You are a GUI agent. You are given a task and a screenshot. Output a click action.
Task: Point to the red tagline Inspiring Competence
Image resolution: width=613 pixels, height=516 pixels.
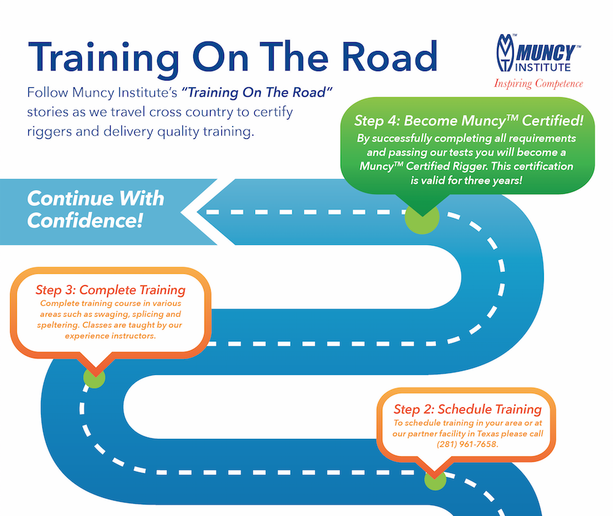click(539, 84)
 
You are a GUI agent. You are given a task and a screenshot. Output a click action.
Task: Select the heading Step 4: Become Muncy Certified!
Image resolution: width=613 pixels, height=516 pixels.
click(468, 122)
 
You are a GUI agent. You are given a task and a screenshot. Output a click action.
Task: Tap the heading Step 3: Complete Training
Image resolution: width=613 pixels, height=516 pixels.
click(110, 291)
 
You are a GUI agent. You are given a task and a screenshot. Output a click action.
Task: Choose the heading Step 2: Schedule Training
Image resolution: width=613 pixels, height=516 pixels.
click(467, 409)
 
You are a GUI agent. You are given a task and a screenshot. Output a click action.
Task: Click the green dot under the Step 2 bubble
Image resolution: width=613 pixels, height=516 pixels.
click(435, 480)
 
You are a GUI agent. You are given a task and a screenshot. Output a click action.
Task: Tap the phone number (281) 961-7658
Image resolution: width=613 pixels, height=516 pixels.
click(468, 444)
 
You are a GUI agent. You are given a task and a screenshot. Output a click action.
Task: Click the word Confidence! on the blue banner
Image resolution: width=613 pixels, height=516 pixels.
click(85, 220)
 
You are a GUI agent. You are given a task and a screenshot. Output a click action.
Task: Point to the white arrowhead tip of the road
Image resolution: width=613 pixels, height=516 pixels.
click(184, 212)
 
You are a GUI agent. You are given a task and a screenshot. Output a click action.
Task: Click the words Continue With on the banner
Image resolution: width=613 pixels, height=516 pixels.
click(95, 199)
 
